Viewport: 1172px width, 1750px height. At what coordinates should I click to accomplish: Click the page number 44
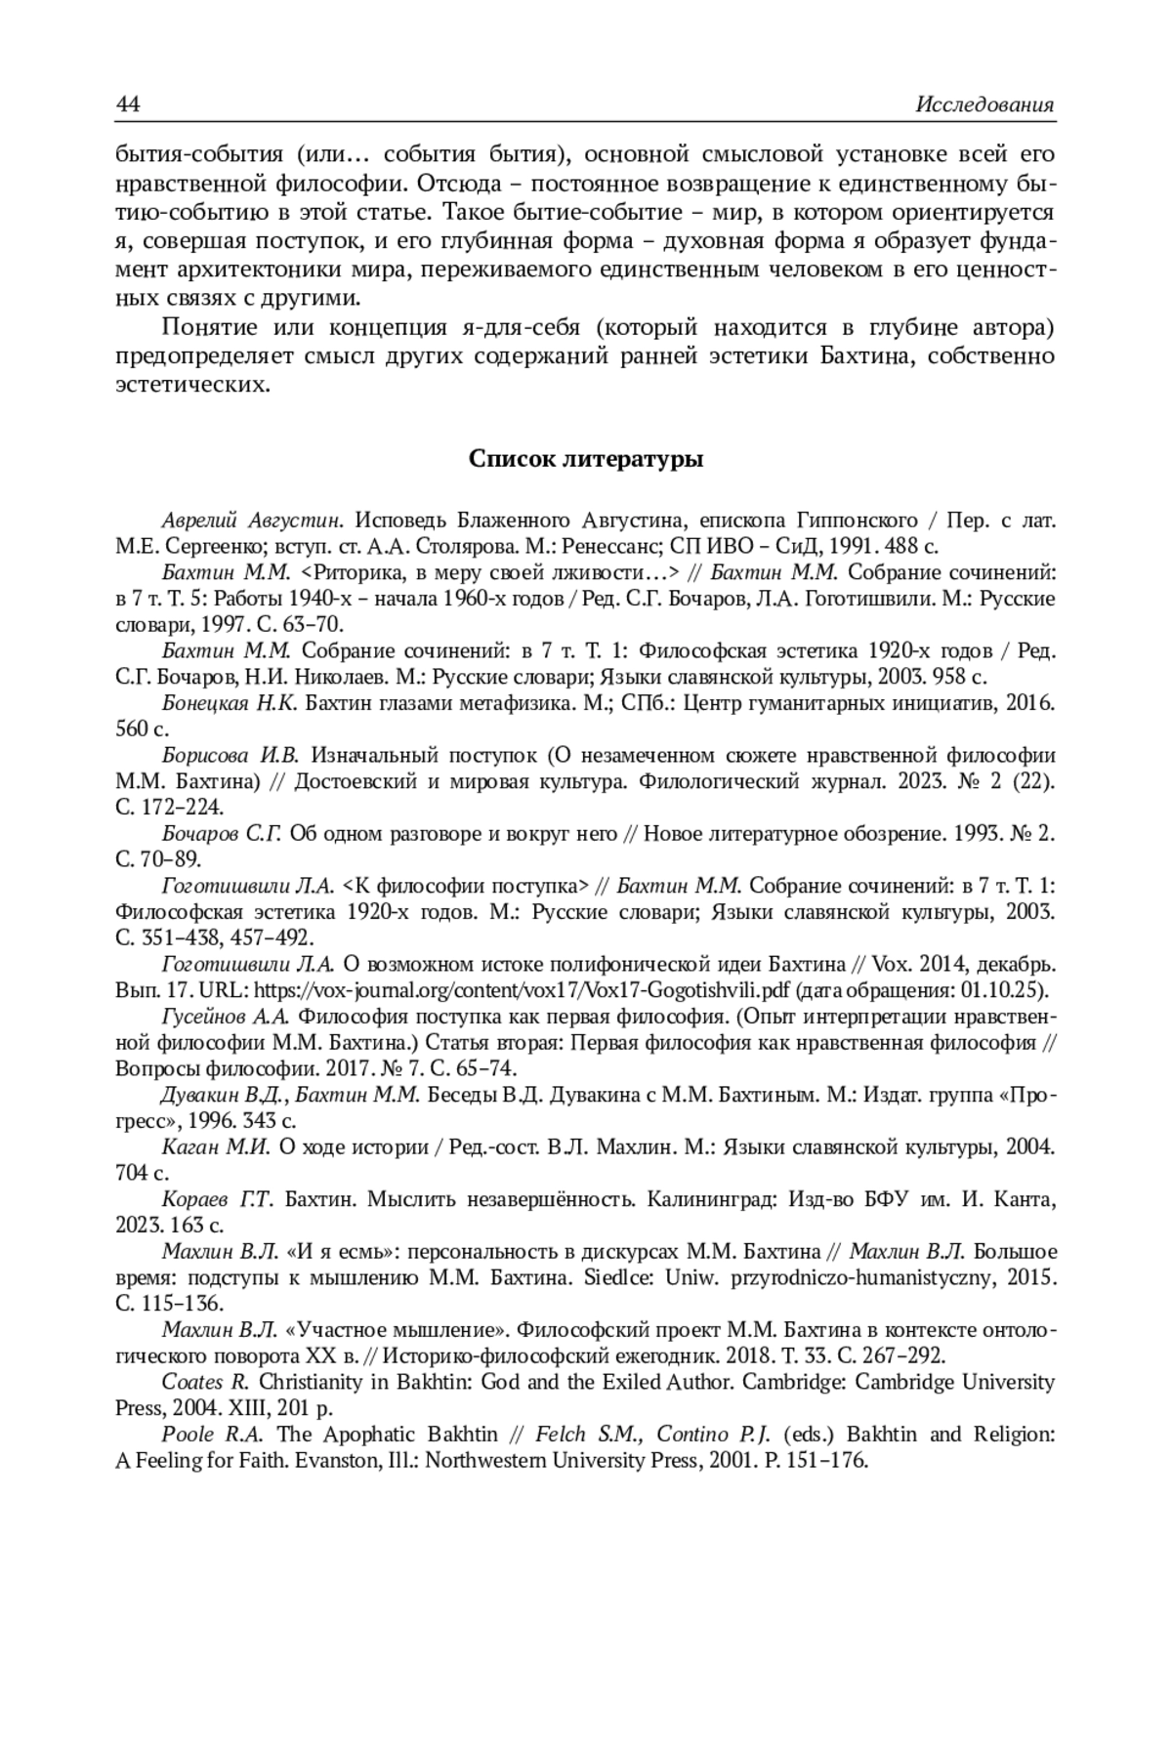pos(129,104)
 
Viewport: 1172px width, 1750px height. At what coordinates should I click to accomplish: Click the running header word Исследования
pos(985,104)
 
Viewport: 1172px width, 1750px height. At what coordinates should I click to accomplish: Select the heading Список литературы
pos(586,458)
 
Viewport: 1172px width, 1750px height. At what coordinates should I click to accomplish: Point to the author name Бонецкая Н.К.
pos(229,702)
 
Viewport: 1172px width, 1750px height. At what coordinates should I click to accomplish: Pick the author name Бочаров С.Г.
pos(222,833)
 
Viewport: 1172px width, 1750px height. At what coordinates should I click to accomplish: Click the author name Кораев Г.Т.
pos(220,1199)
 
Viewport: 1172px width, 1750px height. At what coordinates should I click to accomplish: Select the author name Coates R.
pos(206,1382)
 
